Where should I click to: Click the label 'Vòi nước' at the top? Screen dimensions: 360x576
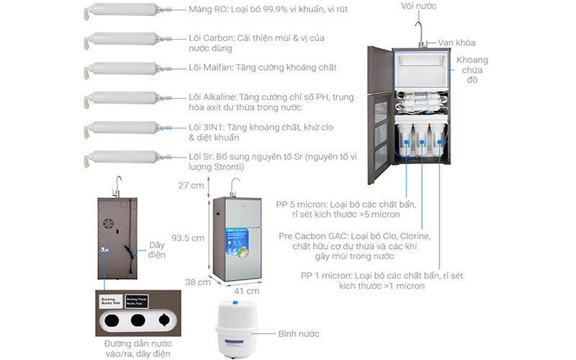click(418, 6)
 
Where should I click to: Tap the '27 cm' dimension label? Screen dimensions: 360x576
click(191, 185)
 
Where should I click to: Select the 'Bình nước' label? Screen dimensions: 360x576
click(299, 334)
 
